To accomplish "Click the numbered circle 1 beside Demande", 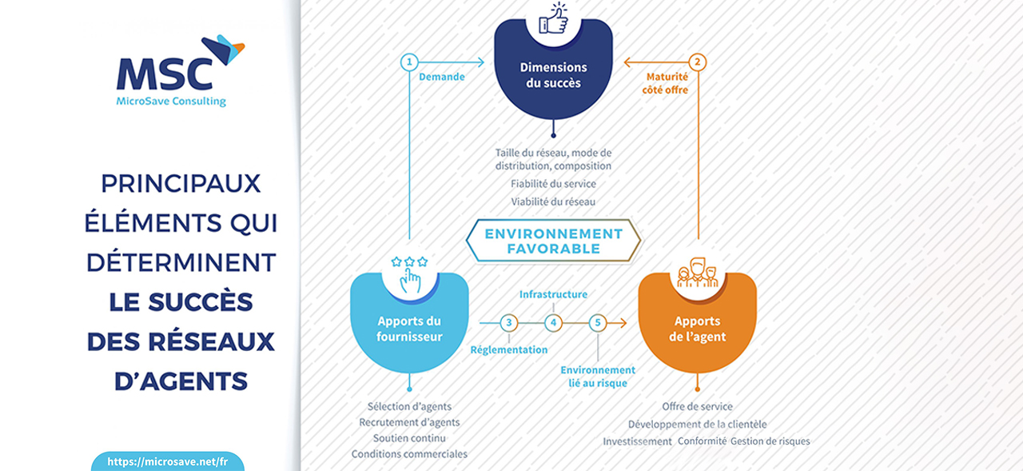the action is point(409,62).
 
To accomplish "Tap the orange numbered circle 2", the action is point(698,62).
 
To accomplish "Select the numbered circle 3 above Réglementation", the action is point(509,323).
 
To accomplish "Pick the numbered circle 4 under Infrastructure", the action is point(553,323).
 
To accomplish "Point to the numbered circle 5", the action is point(597,323).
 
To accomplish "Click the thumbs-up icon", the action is point(554,18).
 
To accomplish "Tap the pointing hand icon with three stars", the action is point(410,274).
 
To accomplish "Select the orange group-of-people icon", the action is point(698,273).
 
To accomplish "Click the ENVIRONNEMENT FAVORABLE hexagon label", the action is point(554,241).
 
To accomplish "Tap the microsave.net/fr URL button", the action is point(168,461).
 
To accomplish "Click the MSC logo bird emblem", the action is point(223,49).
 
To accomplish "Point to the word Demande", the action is point(442,77).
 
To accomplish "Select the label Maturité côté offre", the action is point(666,83).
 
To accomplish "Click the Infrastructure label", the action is point(553,294).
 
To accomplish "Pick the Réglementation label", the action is point(509,349).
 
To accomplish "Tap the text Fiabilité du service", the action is point(553,184).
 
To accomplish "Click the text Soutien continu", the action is point(409,438).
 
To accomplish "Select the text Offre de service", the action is point(697,406).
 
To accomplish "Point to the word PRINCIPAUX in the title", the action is point(181,184).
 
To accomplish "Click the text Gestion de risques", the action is point(770,441).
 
